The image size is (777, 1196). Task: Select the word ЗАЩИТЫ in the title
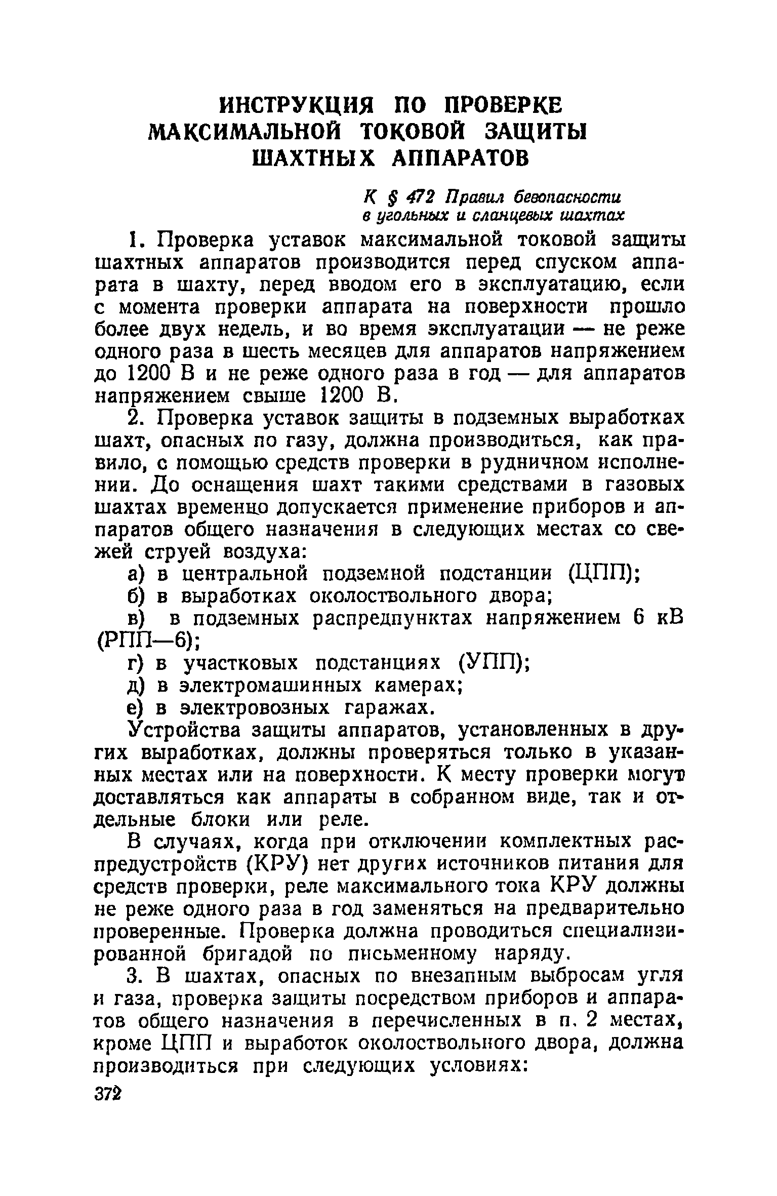tap(534, 133)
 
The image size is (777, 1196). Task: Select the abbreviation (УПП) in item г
tap(493, 662)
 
